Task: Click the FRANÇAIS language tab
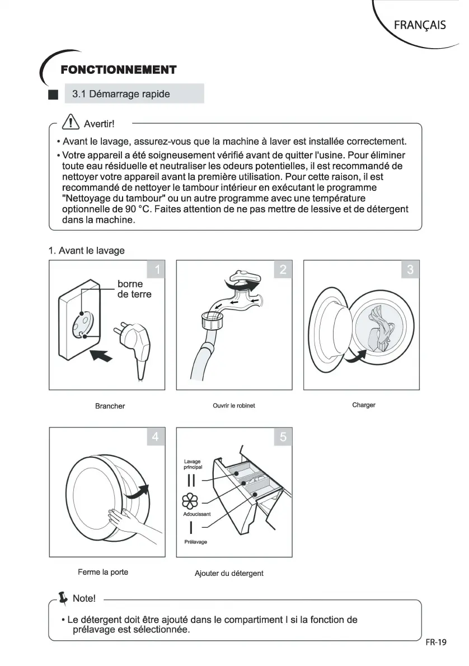click(420, 25)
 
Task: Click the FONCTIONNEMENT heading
click(118, 70)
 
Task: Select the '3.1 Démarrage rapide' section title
click(121, 94)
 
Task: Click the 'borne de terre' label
click(134, 289)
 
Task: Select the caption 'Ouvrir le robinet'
click(234, 406)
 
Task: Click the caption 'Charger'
click(364, 405)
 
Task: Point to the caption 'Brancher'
click(110, 406)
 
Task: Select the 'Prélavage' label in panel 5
click(196, 542)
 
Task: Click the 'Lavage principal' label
click(193, 464)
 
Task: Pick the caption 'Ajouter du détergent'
click(229, 573)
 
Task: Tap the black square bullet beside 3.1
click(53, 95)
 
